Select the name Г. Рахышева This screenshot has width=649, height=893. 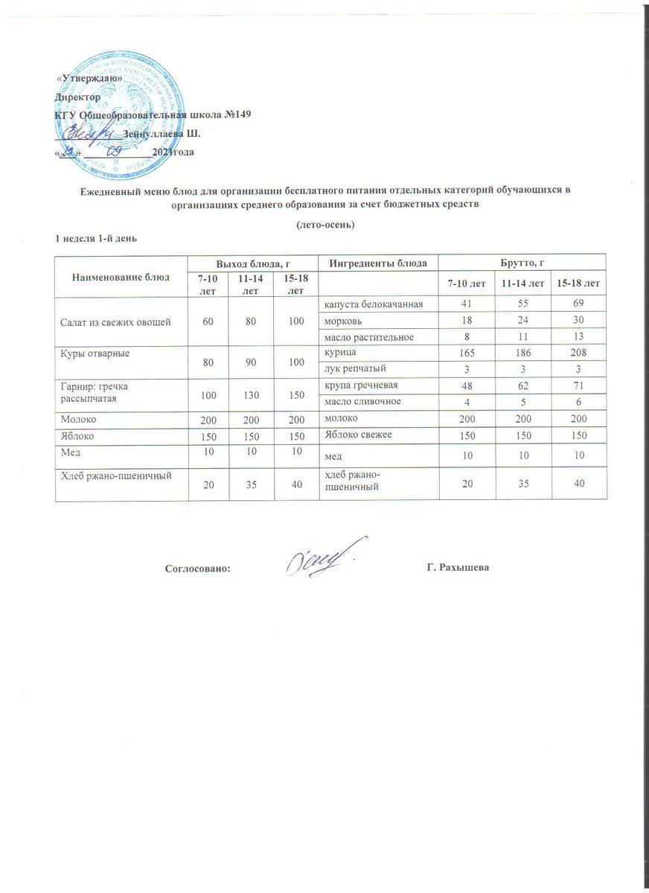(x=458, y=568)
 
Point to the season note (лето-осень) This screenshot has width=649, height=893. (x=324, y=224)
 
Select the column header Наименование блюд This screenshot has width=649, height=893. (x=121, y=276)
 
